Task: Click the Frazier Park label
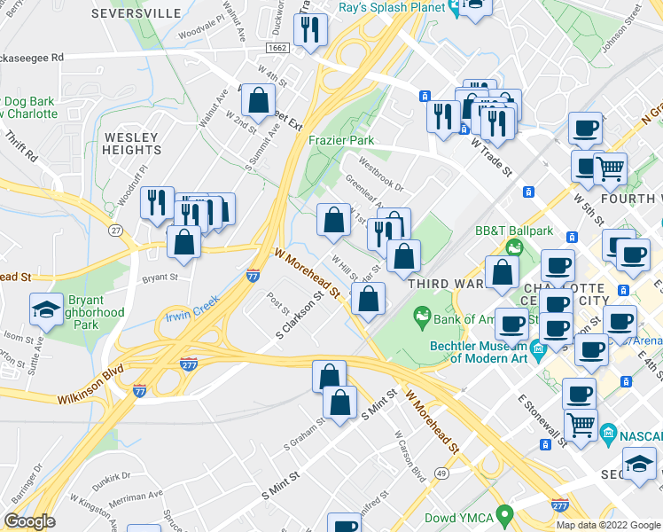tap(341, 140)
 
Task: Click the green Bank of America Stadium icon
tap(422, 316)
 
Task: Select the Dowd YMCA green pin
tap(505, 513)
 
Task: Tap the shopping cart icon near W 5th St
tap(609, 168)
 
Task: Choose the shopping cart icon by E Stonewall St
tap(581, 425)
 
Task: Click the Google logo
tap(29, 521)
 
